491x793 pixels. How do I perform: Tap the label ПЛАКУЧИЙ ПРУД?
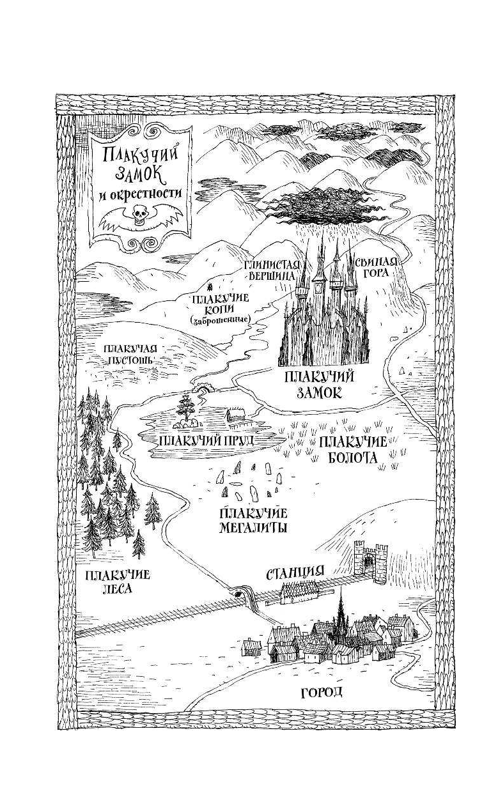(x=207, y=440)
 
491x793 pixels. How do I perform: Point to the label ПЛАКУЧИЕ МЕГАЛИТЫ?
(x=252, y=520)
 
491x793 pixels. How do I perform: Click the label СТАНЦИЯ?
(x=295, y=572)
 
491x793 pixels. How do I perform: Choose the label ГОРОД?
(x=322, y=692)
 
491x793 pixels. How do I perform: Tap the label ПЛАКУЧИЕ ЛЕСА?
(x=117, y=581)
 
